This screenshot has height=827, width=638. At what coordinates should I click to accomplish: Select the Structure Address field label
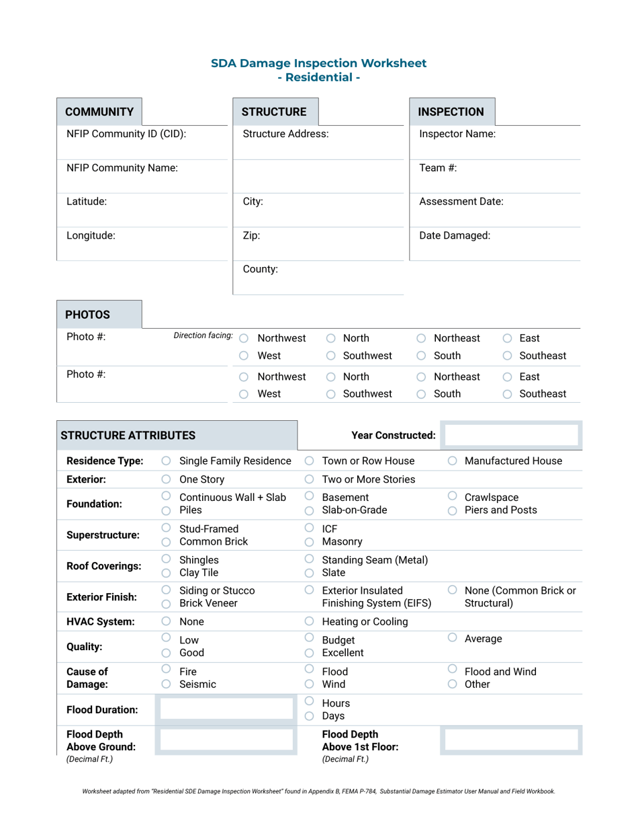pyautogui.click(x=285, y=134)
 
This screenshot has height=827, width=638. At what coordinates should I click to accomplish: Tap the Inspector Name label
pyautogui.click(x=457, y=134)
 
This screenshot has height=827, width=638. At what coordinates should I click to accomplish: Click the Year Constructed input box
pyautogui.click(x=512, y=435)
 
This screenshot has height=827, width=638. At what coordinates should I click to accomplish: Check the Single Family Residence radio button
pyautogui.click(x=166, y=461)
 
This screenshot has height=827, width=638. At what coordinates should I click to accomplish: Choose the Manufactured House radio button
pyautogui.click(x=453, y=461)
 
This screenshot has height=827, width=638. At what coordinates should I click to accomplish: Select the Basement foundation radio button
pyautogui.click(x=310, y=496)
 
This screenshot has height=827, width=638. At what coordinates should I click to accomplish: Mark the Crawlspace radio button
pyautogui.click(x=453, y=496)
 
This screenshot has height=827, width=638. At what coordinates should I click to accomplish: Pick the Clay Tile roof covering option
pyautogui.click(x=166, y=573)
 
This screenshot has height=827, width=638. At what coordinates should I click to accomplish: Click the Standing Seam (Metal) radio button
pyautogui.click(x=310, y=559)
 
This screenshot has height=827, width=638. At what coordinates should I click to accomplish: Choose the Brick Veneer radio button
pyautogui.click(x=166, y=604)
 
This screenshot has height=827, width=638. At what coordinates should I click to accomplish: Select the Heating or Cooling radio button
pyautogui.click(x=310, y=622)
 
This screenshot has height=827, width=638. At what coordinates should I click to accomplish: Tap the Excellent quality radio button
pyautogui.click(x=310, y=653)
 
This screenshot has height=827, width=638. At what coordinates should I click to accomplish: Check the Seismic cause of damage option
pyautogui.click(x=166, y=684)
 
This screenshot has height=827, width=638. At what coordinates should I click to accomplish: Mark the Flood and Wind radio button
pyautogui.click(x=453, y=670)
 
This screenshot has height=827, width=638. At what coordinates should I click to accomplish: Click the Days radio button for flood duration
pyautogui.click(x=310, y=716)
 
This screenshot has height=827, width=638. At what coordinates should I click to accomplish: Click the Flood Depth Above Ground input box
pyautogui.click(x=225, y=741)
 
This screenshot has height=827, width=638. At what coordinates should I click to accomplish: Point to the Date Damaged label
pyautogui.click(x=455, y=236)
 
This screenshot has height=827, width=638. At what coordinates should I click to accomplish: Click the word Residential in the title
pyautogui.click(x=319, y=77)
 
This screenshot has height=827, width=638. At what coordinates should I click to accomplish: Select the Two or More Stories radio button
pyautogui.click(x=310, y=480)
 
